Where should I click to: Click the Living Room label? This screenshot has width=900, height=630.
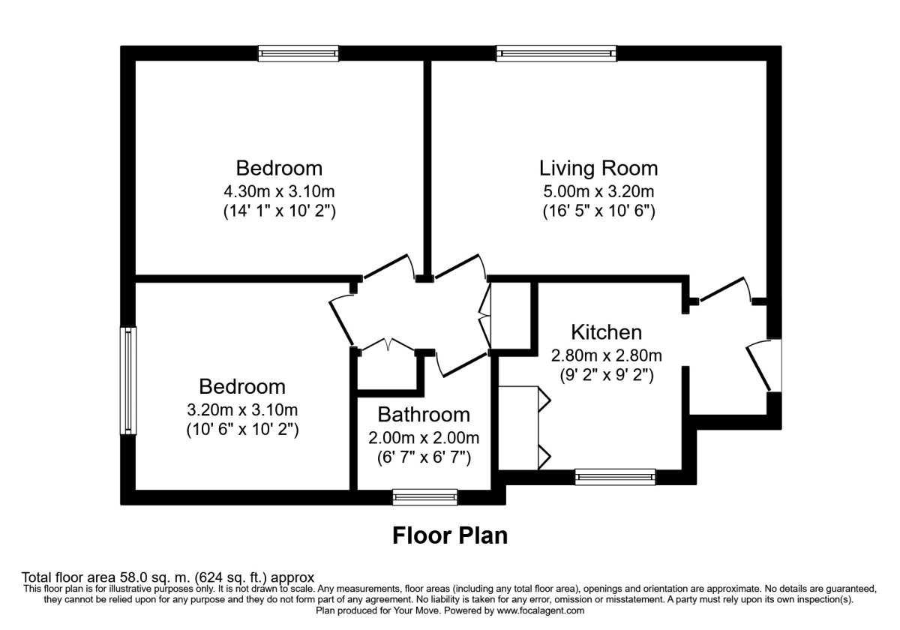tap(598, 167)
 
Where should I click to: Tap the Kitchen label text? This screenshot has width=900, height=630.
tap(606, 332)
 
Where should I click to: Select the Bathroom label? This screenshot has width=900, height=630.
tap(424, 415)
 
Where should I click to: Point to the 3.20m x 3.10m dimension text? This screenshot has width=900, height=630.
tap(241, 409)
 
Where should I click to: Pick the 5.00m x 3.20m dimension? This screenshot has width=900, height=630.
tap(598, 190)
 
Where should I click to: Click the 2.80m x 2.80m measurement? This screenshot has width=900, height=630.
tap(606, 355)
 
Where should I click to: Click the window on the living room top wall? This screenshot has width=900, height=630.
tap(556, 52)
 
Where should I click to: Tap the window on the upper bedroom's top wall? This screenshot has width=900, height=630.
tap(298, 52)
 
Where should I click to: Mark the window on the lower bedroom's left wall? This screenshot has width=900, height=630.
tap(129, 380)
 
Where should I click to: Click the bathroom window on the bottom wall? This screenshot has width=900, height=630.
tap(424, 496)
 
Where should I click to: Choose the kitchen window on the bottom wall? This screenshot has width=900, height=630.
tap(614, 475)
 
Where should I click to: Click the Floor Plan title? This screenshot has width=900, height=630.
tap(450, 535)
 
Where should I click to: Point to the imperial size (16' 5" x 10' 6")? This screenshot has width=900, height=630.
tap(598, 211)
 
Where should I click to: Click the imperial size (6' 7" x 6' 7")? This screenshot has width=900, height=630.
tap(424, 457)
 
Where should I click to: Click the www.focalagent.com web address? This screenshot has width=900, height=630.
tap(535, 610)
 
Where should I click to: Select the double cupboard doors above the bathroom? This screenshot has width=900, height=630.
tap(388, 346)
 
